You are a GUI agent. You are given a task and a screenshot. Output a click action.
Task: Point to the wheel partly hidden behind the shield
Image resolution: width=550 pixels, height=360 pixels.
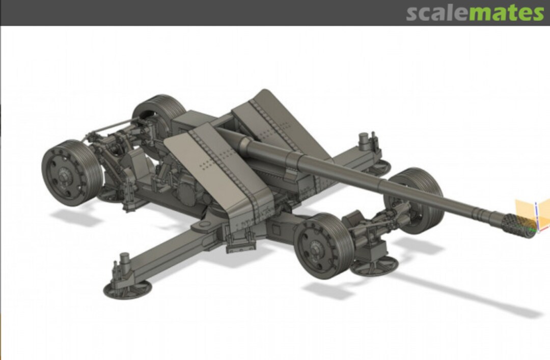point(159,112)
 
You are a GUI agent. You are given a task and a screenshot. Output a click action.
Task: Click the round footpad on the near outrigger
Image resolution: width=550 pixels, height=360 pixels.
point(127,289)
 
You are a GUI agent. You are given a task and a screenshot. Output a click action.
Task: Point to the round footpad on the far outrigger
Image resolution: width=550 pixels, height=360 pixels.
point(377,166)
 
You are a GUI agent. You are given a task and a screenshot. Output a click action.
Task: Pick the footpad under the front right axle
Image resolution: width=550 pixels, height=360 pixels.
point(374,265)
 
